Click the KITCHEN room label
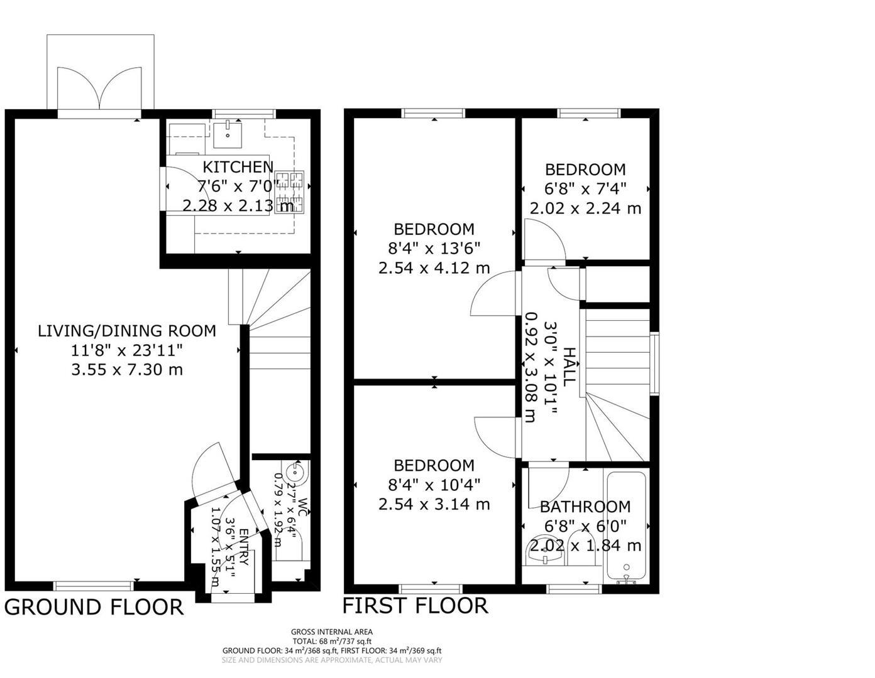pyautogui.click(x=238, y=167)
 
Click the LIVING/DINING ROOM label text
pyautogui.click(x=127, y=331)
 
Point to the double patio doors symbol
pyautogui.click(x=100, y=89)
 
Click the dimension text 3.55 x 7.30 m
pyautogui.click(x=127, y=370)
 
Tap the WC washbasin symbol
pyautogui.click(x=295, y=471)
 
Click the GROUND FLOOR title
pyautogui.click(x=94, y=608)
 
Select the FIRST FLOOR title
pyautogui.click(x=415, y=606)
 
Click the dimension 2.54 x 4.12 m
pyautogui.click(x=434, y=268)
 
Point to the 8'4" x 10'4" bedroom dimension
pyautogui.click(x=434, y=485)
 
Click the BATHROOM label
pyautogui.click(x=585, y=507)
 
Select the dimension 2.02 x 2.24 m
pyautogui.click(x=585, y=208)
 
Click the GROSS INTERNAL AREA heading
pyautogui.click(x=331, y=632)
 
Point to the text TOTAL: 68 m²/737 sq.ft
pyautogui.click(x=331, y=642)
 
